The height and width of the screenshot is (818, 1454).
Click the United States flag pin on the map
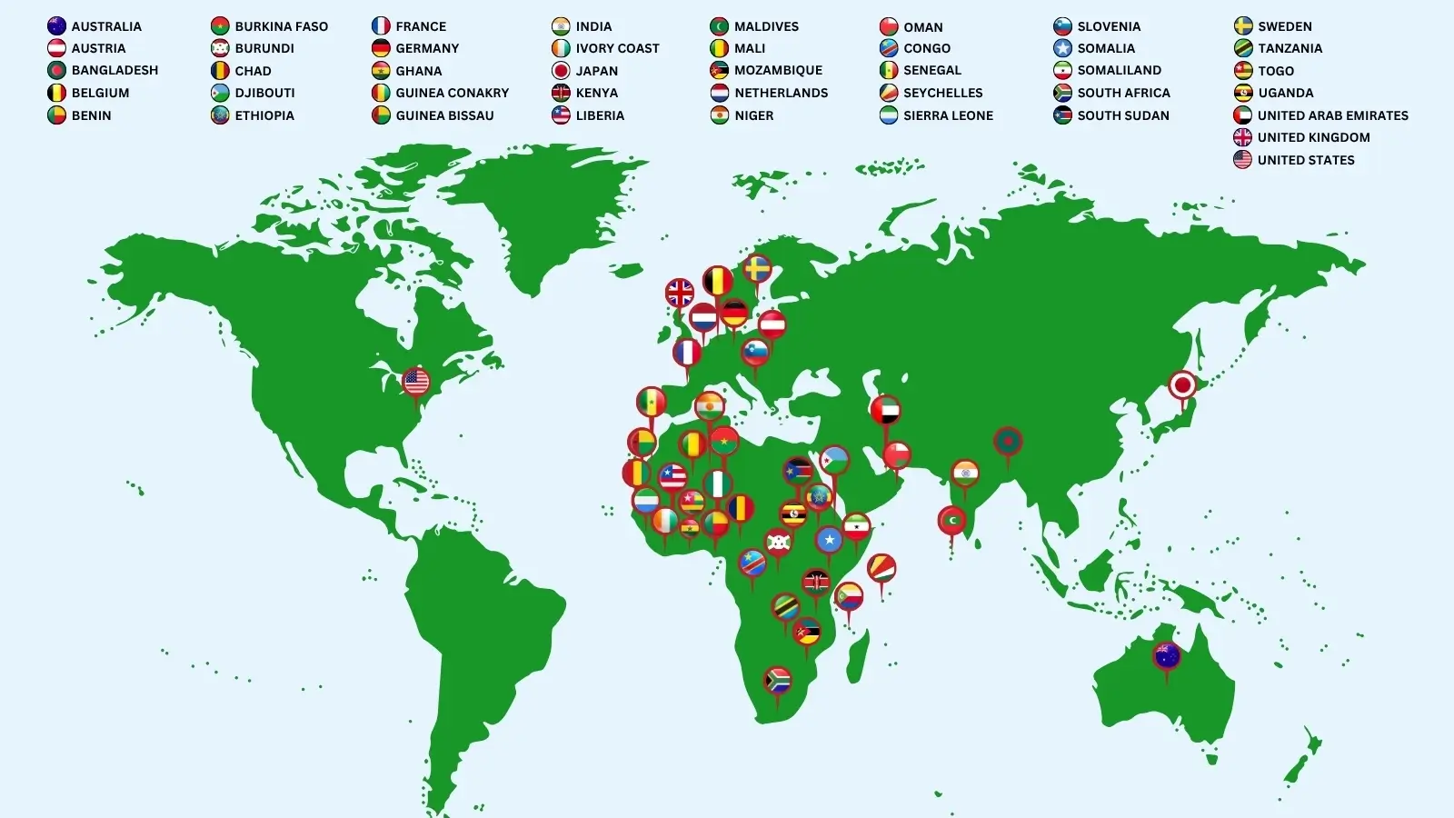pos(416,382)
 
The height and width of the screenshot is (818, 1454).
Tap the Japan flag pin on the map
pos(1182,385)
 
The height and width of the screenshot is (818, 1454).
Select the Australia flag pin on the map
pos(1167,655)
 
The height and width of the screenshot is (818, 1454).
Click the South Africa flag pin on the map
pos(778,680)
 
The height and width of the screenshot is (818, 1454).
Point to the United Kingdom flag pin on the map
pos(680,294)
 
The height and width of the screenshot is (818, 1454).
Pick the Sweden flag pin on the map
pos(757,269)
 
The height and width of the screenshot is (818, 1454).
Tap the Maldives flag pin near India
pos(951,521)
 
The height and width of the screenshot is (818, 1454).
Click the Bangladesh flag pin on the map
pos(1008,443)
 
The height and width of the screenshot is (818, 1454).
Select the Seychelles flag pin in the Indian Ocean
pos(881,569)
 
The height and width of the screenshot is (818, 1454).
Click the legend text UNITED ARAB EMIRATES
pos(1332,115)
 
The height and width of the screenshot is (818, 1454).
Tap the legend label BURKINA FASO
pos(281,26)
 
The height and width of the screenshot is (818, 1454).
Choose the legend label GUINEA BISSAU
pos(444,115)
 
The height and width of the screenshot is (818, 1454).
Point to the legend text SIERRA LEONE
pos(948,115)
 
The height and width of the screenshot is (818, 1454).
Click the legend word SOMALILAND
pos(1119,70)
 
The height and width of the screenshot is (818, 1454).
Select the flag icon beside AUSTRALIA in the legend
pos(56,26)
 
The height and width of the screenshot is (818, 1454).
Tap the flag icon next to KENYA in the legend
pos(561,93)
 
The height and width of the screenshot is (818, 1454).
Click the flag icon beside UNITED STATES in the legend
pos(1242,160)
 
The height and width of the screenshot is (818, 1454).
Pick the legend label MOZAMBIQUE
pos(778,70)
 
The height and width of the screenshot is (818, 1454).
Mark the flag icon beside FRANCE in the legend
pos(381,26)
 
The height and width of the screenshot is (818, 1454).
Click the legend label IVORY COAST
pos(617,48)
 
